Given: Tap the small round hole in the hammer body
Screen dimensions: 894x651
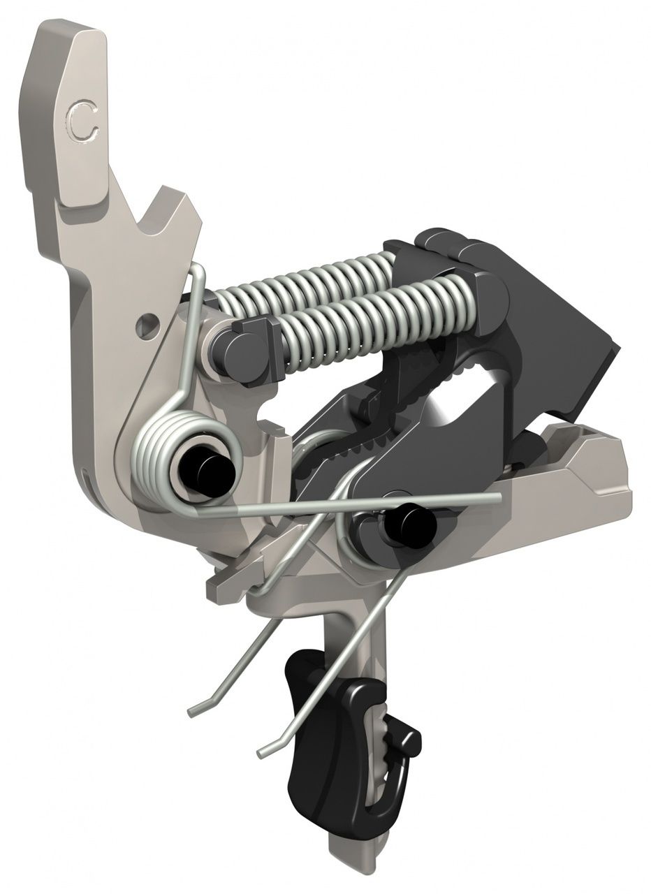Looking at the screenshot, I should coord(147,325).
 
